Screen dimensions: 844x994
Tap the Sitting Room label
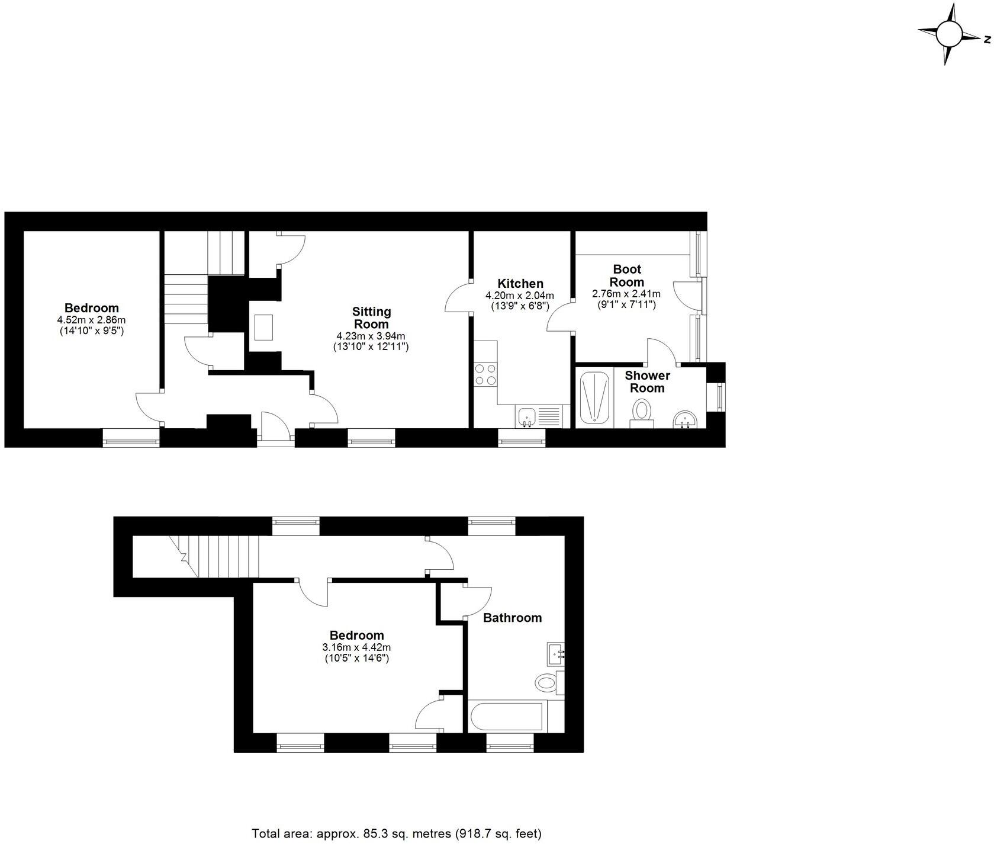(371, 318)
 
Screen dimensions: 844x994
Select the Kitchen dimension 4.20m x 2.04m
(519, 296)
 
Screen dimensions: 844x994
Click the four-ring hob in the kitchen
(485, 374)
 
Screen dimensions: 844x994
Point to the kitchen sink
(526, 417)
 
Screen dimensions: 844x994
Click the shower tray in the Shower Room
(594, 397)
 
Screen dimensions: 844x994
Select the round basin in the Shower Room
(686, 419)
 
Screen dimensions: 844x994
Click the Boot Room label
(626, 275)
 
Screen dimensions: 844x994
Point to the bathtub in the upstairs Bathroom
(507, 717)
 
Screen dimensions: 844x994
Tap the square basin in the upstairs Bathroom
(555, 654)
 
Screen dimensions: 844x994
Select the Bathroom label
(512, 618)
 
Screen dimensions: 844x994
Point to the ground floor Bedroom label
(91, 308)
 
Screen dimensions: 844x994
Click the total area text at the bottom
(397, 833)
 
